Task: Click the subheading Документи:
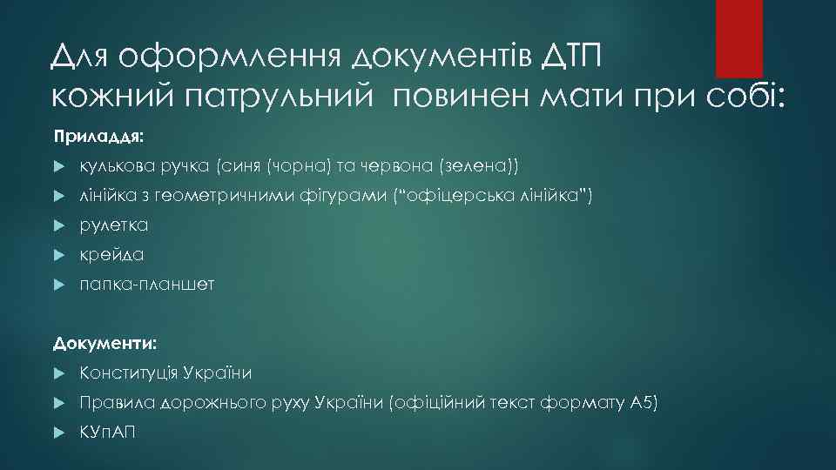pyautogui.click(x=104, y=344)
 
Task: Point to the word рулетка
pyautogui.click(x=114, y=225)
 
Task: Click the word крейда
pyautogui.click(x=111, y=255)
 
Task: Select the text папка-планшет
pyautogui.click(x=147, y=285)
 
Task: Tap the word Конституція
pyautogui.click(x=129, y=373)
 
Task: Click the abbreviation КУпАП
pyautogui.click(x=108, y=433)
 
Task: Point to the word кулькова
pyautogui.click(x=114, y=165)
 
